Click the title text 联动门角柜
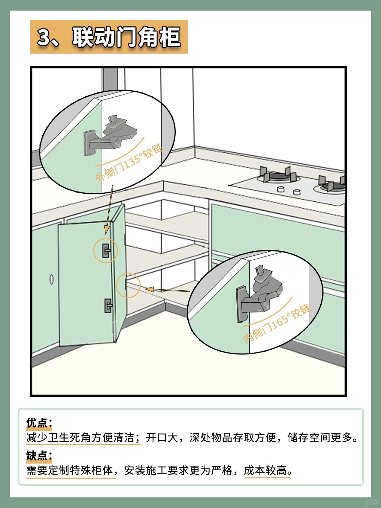[x=126, y=37]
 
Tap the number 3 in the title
[x=44, y=37]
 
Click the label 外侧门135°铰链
[x=129, y=163]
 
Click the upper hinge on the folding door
[x=107, y=250]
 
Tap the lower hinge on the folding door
[x=108, y=305]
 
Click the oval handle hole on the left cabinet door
[x=52, y=279]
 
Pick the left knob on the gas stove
[x=280, y=189]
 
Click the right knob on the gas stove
[x=297, y=192]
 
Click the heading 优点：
[x=39, y=423]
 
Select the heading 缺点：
[x=39, y=456]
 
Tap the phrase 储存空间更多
[x=320, y=437]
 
